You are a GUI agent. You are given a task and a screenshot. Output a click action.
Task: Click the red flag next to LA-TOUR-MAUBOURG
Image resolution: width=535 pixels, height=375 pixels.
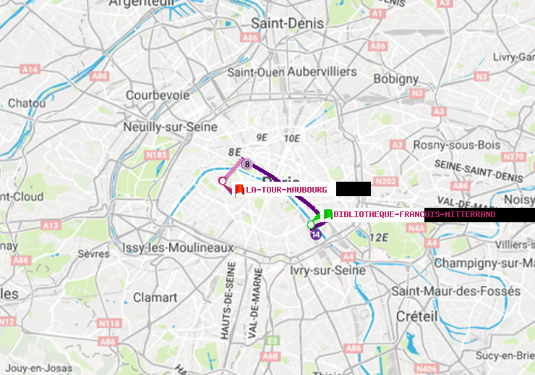coord(239,190)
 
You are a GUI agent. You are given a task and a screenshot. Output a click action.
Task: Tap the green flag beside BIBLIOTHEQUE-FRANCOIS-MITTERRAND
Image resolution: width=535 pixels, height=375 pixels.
coord(328,214)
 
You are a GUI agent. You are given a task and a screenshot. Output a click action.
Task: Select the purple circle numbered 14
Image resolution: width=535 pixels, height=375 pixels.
coord(315,235)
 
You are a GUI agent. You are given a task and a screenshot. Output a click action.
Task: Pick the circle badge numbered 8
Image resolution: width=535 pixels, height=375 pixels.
coord(247,164)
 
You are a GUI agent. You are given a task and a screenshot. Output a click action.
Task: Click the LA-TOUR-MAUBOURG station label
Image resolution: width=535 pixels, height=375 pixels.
coord(286,190)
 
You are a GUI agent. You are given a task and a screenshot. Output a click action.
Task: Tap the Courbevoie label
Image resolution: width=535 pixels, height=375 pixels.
coord(158,95)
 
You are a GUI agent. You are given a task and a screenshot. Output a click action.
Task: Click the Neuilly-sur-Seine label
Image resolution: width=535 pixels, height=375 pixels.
coord(171,127)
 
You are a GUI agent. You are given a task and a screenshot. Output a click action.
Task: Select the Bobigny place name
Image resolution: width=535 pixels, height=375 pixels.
coord(395,78)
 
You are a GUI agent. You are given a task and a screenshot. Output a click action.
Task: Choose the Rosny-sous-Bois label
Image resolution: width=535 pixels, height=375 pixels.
coord(453,145)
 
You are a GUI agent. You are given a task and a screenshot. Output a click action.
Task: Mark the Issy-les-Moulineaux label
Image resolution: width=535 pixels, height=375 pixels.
coord(179,248)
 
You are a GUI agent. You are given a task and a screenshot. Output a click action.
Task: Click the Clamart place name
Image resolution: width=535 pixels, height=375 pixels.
coord(155,297)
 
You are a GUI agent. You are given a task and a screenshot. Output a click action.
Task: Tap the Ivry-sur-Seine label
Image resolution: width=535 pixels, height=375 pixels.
coord(328,270)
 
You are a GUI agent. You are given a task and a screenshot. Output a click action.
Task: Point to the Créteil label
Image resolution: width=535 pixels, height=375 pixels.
coord(416,316)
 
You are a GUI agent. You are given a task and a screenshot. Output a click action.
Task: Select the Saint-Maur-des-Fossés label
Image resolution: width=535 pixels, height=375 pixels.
coord(455,291)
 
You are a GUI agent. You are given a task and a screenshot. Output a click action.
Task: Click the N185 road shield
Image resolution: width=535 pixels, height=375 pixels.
coord(157,154)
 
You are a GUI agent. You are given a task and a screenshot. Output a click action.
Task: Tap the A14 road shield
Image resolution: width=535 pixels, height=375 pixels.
coord(30,69)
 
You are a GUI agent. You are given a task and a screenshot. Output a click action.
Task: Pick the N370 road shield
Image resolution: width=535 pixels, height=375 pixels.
coord(513,156)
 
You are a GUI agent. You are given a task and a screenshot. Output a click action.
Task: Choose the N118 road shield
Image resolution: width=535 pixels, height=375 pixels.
coord(108,323)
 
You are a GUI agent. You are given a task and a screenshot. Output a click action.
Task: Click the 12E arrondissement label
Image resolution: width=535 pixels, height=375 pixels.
coord(379,237)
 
